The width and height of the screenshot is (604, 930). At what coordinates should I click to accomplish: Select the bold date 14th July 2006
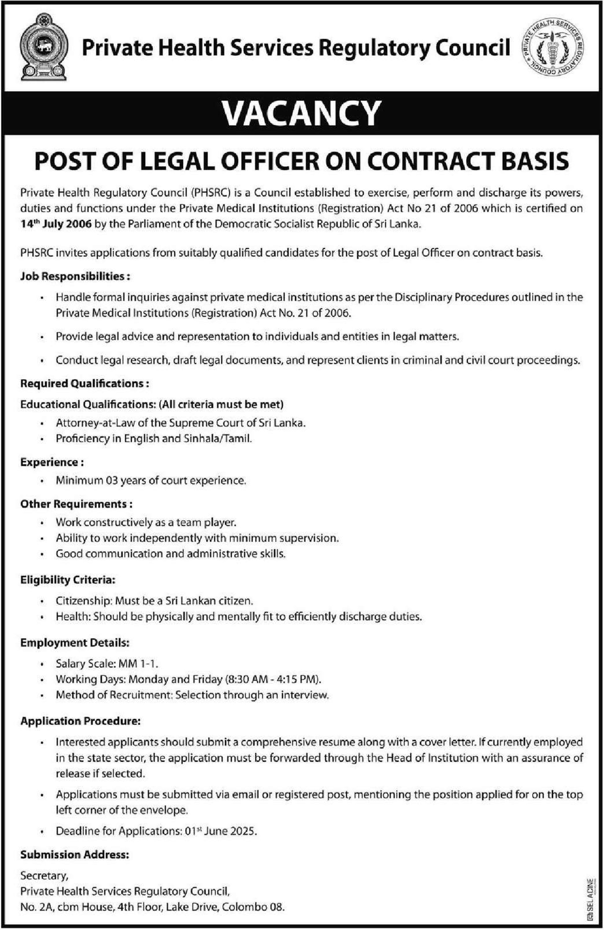56,225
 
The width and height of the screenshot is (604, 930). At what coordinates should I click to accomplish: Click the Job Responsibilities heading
75,276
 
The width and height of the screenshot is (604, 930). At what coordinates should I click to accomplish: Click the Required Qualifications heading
84,383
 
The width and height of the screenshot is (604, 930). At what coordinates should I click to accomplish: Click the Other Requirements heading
76,504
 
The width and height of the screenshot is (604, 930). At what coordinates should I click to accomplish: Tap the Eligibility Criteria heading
68,580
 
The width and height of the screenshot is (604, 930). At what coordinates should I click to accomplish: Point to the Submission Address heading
74,855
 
